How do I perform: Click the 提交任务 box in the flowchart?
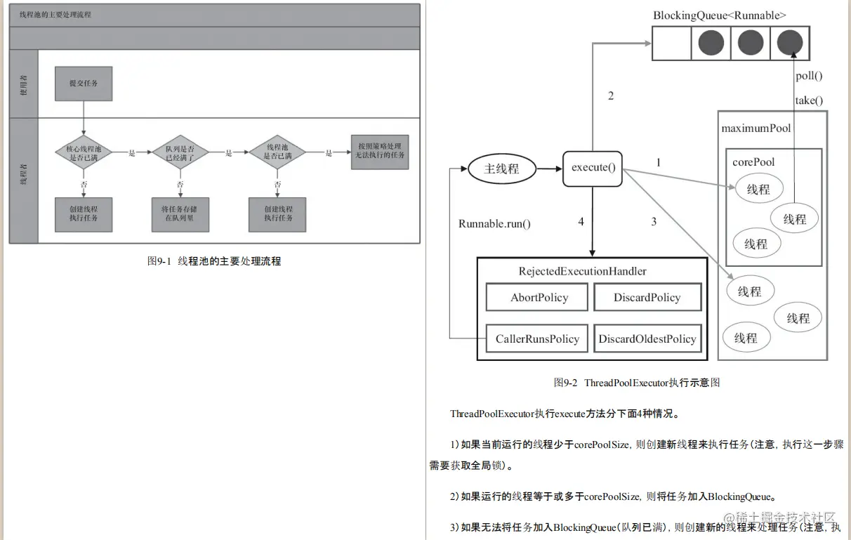(84, 83)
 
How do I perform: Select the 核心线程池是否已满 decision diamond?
(84, 152)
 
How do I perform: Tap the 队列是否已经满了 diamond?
(180, 152)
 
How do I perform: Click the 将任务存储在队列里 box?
(180, 213)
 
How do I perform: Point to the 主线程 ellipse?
(501, 169)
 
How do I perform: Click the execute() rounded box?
(593, 168)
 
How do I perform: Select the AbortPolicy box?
(539, 298)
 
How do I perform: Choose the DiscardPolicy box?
(647, 298)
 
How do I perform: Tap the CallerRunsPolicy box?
(538, 339)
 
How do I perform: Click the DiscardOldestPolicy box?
(647, 339)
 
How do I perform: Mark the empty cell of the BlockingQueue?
(672, 44)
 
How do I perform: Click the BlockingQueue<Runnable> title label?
(720, 15)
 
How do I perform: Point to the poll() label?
(809, 76)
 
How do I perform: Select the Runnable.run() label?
(494, 224)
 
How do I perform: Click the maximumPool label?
(756, 129)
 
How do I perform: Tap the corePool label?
(753, 162)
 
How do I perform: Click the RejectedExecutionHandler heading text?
(582, 271)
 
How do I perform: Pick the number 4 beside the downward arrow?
(581, 222)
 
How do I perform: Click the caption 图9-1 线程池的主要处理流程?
(214, 261)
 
